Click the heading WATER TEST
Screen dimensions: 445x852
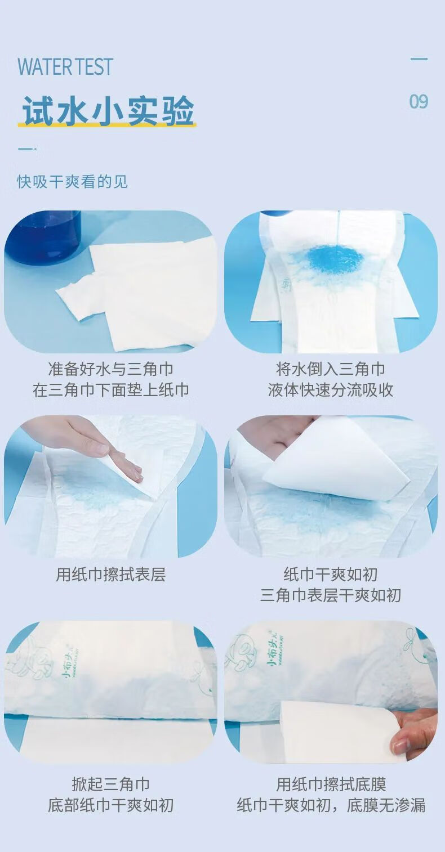point(65,66)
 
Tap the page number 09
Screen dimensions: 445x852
point(419,101)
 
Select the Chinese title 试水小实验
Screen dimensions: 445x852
point(108,111)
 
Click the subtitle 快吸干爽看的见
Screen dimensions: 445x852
point(72,181)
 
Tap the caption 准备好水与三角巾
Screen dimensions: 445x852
point(110,369)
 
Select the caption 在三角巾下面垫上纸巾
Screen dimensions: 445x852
point(110,390)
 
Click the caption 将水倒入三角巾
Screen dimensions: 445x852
point(331,369)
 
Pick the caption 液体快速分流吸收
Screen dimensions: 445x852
point(331,390)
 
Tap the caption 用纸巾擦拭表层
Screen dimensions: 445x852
point(111,575)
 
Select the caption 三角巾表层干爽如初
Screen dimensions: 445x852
point(331,595)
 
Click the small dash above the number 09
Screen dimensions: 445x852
point(419,59)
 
